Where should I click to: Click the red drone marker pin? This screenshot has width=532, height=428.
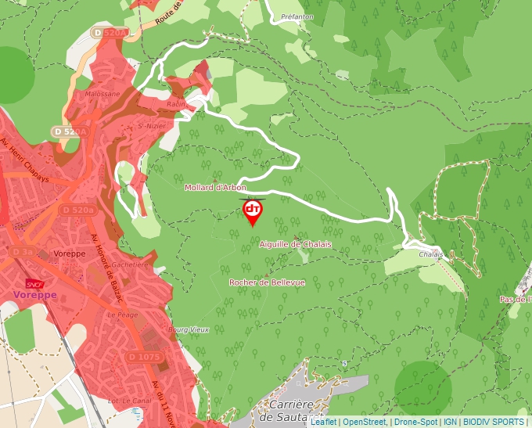pos(253,211)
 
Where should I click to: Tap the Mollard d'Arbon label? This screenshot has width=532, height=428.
pos(215,188)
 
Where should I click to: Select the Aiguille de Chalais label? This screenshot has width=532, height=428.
pos(295,244)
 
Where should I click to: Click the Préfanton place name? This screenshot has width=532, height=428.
pos(297,16)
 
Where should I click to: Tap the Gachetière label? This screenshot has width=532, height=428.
pos(129,264)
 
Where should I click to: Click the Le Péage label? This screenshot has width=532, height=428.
pos(122,314)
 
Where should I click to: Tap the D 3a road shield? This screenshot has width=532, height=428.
pos(23,252)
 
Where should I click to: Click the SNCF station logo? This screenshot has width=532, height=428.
pos(34,283)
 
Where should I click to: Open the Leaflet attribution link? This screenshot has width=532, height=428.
pos(322,422)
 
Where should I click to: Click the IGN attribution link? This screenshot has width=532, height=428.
pos(450,422)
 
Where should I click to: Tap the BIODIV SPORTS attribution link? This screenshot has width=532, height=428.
pos(492,422)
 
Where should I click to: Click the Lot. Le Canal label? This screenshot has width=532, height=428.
pos(117,401)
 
